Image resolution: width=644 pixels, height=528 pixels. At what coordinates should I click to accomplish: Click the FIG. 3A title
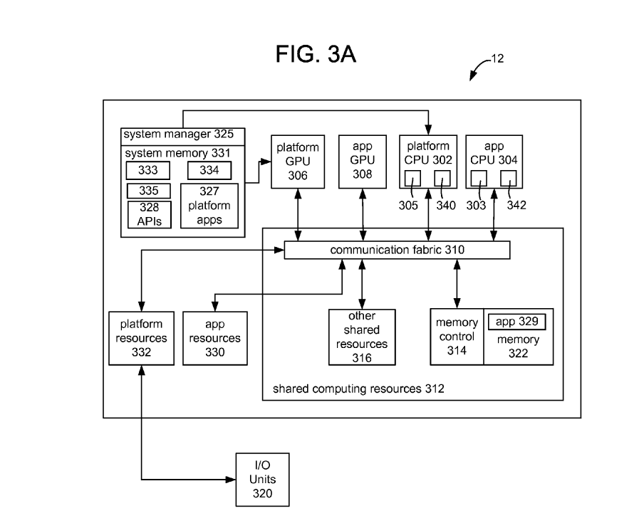point(316,55)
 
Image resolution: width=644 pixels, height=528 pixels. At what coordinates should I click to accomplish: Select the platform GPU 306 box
point(298,162)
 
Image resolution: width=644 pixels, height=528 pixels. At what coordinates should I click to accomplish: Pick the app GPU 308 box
point(363,162)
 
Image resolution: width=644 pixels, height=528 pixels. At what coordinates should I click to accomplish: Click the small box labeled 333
point(147,171)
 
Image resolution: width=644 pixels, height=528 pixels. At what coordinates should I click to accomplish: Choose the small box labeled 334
point(209,171)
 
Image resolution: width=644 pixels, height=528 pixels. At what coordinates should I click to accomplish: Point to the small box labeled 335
point(147,191)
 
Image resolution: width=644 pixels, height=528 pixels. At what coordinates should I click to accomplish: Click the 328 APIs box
point(150,214)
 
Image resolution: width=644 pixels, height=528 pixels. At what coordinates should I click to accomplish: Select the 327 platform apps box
point(209,206)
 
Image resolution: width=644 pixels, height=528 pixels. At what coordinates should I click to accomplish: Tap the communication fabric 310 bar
point(397,250)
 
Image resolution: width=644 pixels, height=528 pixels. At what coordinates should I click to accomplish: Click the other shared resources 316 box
point(362,337)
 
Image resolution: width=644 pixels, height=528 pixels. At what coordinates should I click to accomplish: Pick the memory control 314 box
point(457,337)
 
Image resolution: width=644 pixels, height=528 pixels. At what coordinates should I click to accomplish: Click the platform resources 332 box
point(141,338)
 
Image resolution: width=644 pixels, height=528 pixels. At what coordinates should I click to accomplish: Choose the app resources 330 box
point(214,338)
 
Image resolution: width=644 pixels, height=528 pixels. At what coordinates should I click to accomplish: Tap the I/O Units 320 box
point(262,479)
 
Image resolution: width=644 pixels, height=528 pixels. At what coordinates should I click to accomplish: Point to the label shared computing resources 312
point(358,389)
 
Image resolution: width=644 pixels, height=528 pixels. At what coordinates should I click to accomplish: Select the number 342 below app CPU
point(517,206)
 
